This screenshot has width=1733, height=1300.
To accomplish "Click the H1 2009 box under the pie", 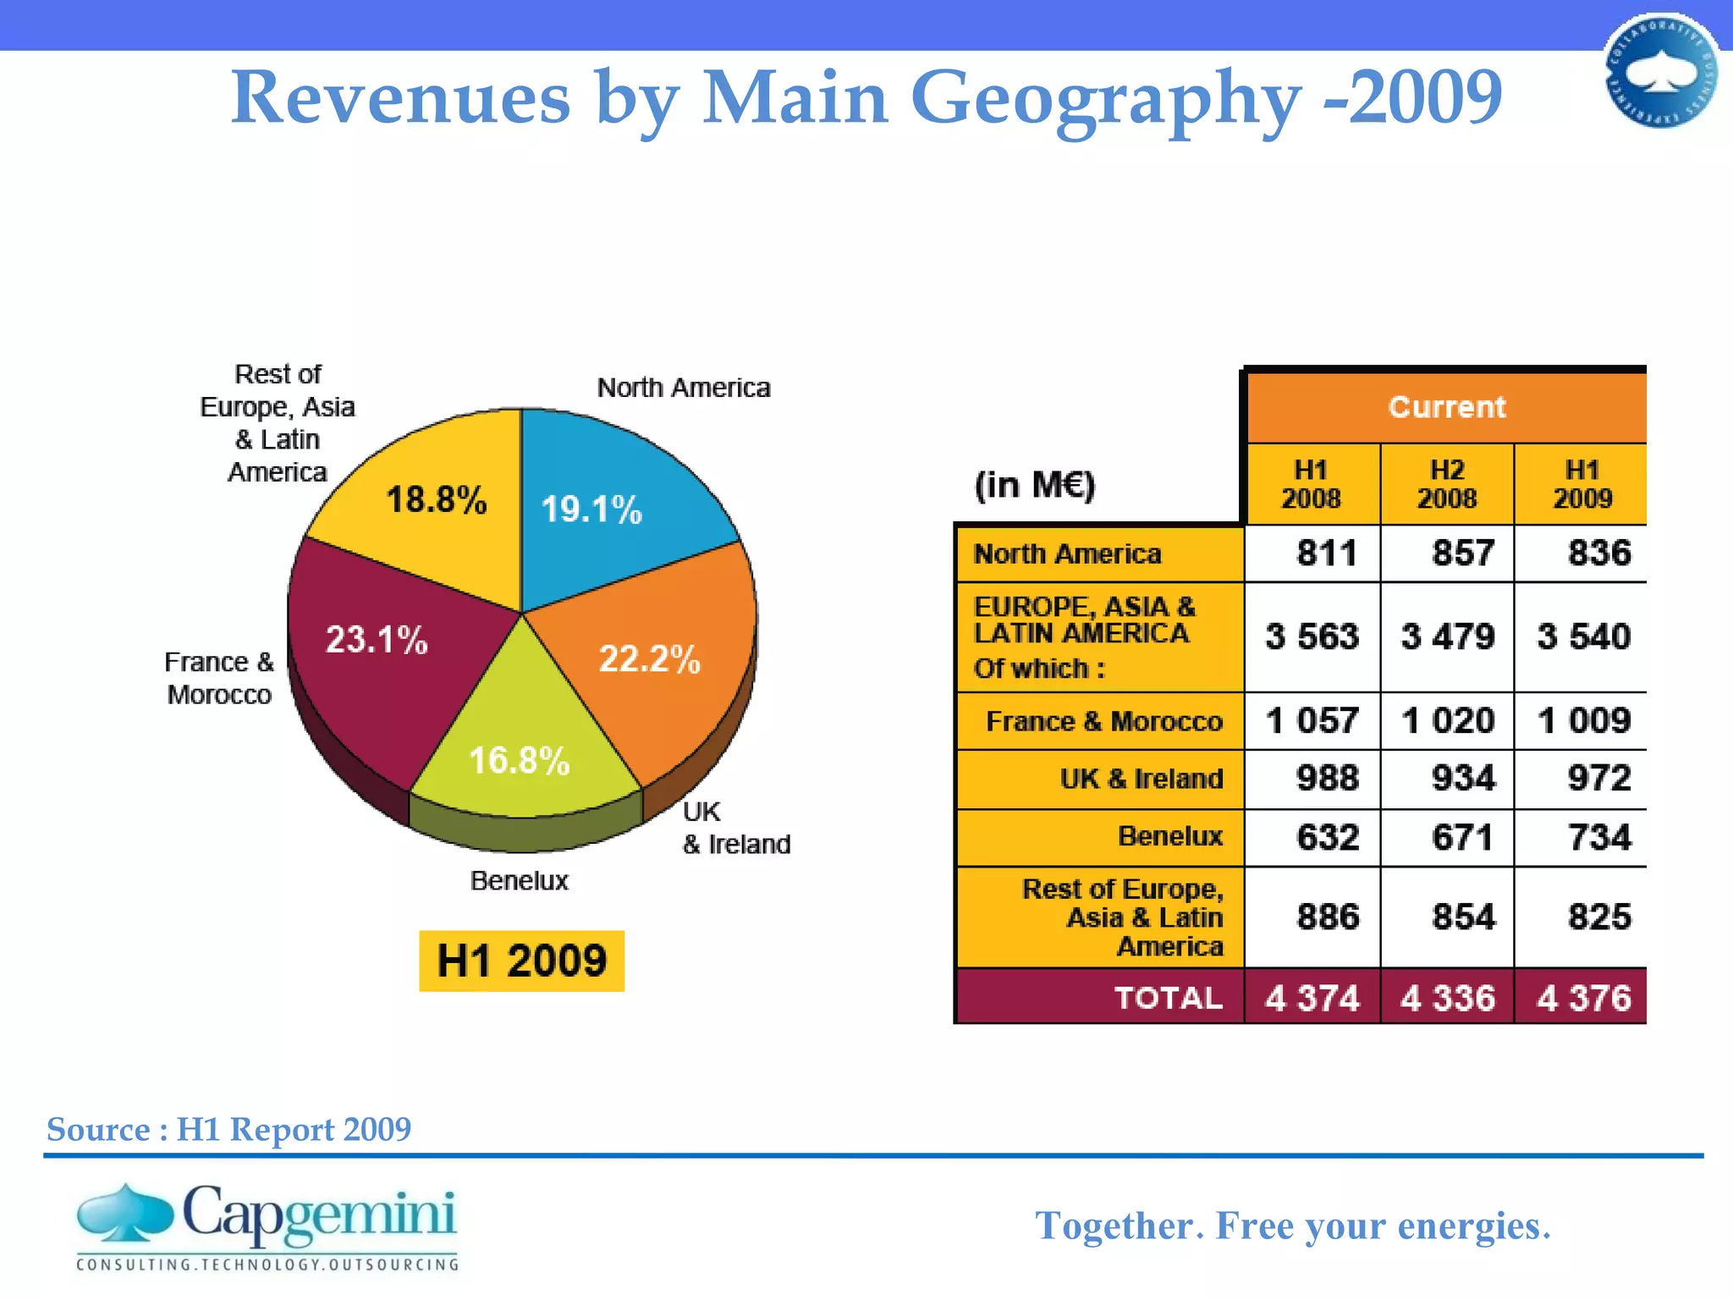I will click(x=521, y=961).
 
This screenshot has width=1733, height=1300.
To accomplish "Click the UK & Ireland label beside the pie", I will click(x=734, y=828).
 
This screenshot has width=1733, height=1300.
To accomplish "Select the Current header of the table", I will click(x=1446, y=407).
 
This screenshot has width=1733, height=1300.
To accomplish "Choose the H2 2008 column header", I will click(x=1447, y=484).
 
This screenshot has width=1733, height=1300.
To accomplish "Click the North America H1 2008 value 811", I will click(x=1325, y=554).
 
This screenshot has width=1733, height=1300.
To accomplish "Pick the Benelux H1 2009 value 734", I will click(x=1598, y=837).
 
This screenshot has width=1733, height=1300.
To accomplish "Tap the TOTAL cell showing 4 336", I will click(x=1447, y=998).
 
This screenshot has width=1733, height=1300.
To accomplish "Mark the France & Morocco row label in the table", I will click(x=1103, y=721).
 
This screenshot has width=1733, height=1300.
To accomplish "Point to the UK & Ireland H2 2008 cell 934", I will click(x=1462, y=778).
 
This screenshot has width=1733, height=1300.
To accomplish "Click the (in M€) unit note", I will click(x=1035, y=485).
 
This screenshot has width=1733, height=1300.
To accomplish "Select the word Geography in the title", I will click(x=1104, y=98).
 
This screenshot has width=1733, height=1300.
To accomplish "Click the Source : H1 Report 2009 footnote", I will click(x=228, y=1129).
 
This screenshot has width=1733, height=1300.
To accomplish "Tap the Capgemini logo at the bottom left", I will click(x=267, y=1226).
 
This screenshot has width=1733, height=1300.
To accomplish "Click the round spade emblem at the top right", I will click(x=1661, y=72).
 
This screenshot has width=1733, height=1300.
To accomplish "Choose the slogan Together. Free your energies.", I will click(x=1293, y=1226).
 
